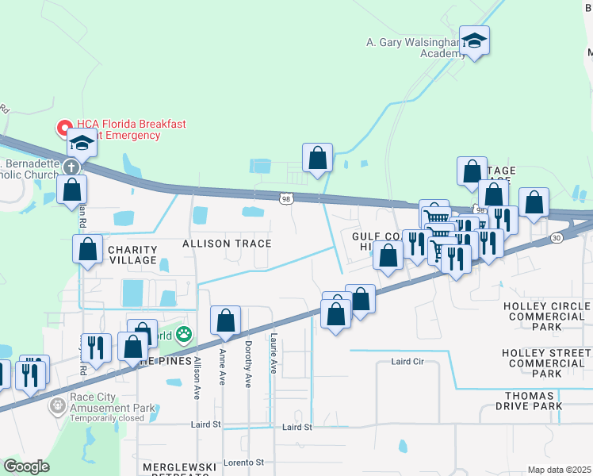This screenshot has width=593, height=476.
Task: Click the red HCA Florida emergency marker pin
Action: coord(63,128)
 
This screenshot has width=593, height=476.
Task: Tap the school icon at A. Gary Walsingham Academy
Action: coord(474,40)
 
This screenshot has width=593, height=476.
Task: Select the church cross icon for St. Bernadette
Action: coord(71,167)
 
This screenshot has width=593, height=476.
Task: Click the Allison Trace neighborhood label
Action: coord(227,244)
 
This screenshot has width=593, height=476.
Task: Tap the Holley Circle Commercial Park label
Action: coord(546,316)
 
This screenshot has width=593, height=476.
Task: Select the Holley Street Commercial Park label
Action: coord(546,363)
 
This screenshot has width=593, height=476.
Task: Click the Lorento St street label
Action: coord(243,462)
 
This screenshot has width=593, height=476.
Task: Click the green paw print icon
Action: coord(184,335)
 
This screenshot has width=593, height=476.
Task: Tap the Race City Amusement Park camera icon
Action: coord(57,406)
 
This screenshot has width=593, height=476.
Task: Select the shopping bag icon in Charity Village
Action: coord(87,248)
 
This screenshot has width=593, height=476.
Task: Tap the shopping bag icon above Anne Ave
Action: coord(225,321)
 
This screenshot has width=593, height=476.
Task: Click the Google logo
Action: coord(26,466)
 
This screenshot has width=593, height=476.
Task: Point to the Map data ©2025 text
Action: coord(559,470)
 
